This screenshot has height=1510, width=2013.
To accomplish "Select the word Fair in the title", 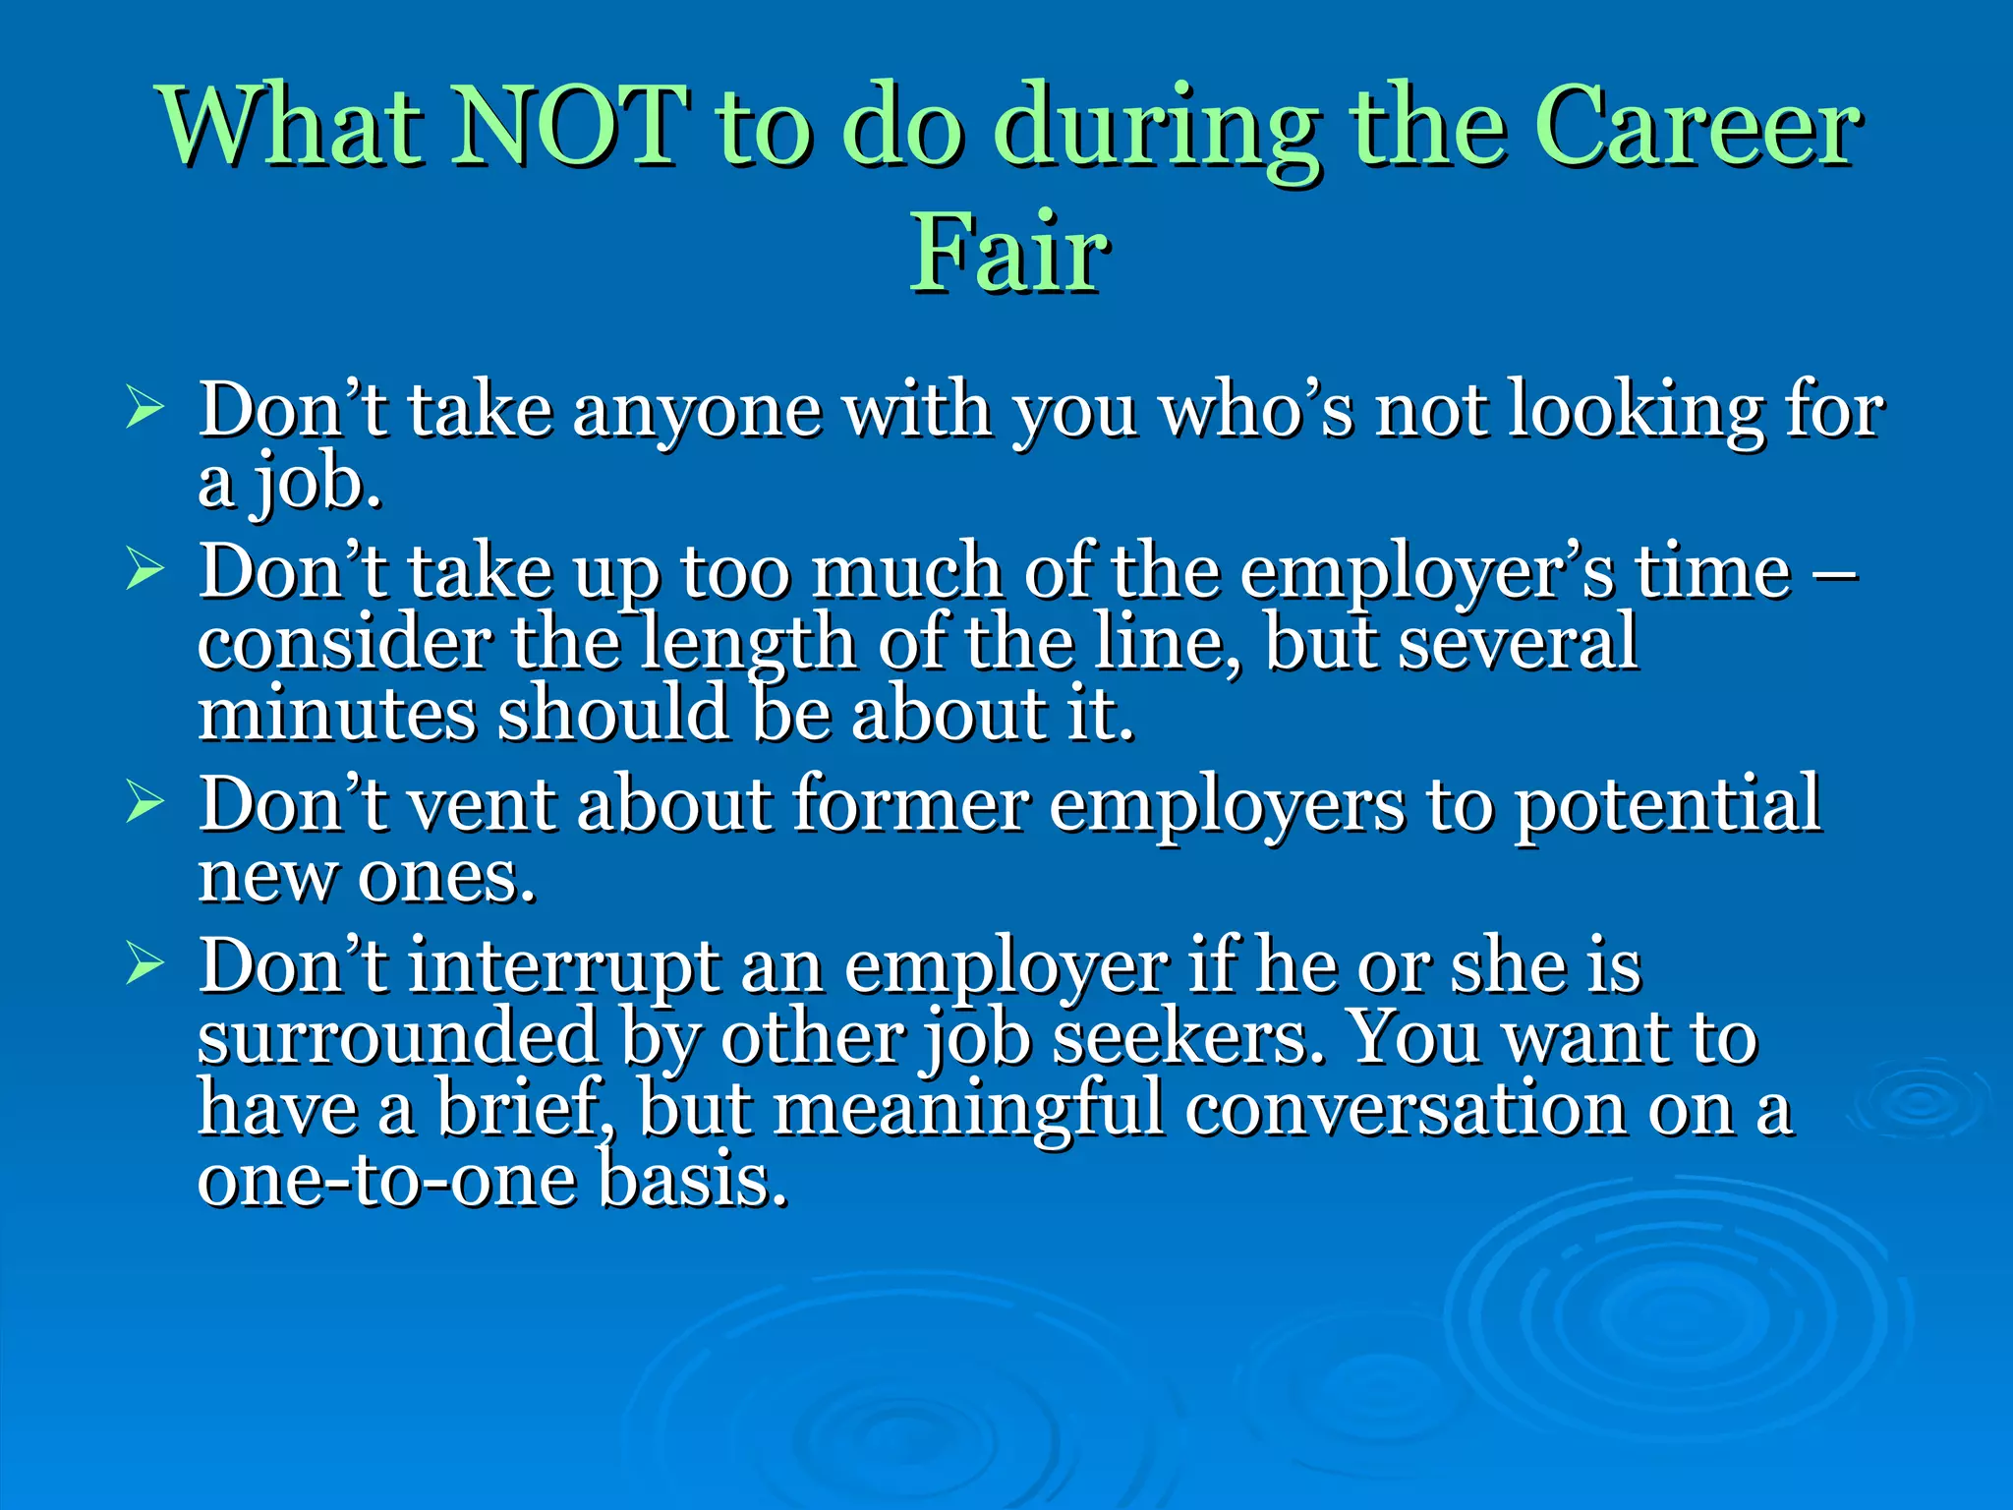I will coord(1008,254).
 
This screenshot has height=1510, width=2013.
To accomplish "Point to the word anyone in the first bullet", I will coord(697,411).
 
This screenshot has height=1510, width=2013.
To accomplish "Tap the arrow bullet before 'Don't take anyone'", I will coord(144,408).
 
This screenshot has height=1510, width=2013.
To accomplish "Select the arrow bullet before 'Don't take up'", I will coord(144,569).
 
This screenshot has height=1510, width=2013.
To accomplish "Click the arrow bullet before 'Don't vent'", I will coord(144,802).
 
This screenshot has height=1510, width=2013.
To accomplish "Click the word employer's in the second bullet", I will coord(1425,573).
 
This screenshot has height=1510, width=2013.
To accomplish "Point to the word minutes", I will coord(337,714).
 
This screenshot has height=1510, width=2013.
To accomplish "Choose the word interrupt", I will coord(563,968).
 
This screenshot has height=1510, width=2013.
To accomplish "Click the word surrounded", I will coord(398,1037).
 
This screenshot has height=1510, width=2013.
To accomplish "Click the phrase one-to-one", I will coord(385,1181).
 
